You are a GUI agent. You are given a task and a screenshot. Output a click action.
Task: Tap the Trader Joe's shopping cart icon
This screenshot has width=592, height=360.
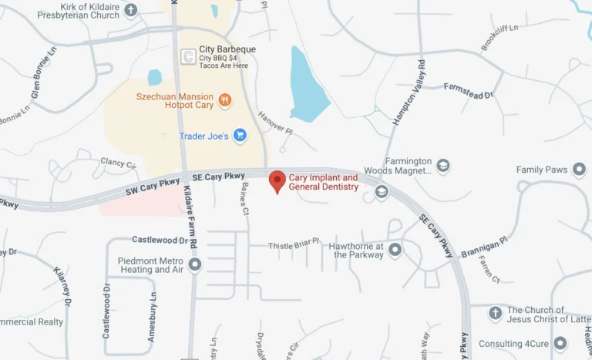240,136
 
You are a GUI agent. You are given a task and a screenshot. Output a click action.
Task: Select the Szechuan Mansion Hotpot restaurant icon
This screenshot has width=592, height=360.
225,99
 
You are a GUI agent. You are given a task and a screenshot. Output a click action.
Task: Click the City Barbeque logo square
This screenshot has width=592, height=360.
187,56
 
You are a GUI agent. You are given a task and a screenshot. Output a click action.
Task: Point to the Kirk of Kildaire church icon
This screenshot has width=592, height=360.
131,10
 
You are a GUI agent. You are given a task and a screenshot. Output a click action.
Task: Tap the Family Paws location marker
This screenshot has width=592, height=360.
579,170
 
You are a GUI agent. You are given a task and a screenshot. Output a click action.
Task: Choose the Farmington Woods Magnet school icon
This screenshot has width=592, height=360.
442,166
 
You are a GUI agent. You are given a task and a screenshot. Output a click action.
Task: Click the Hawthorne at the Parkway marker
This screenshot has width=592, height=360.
395,250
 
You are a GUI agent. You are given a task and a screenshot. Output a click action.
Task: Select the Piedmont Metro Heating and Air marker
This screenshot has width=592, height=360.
195,264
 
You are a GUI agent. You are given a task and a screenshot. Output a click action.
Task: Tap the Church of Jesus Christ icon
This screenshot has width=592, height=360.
496,314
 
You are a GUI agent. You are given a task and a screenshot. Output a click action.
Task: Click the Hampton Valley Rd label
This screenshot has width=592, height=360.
410,93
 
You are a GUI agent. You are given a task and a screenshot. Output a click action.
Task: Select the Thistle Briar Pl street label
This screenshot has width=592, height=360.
294,245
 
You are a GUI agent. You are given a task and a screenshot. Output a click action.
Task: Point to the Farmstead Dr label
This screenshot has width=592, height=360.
468,91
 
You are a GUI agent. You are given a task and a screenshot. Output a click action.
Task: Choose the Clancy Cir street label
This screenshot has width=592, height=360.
118,163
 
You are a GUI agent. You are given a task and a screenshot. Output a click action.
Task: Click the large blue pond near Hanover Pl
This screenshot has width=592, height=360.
308,85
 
